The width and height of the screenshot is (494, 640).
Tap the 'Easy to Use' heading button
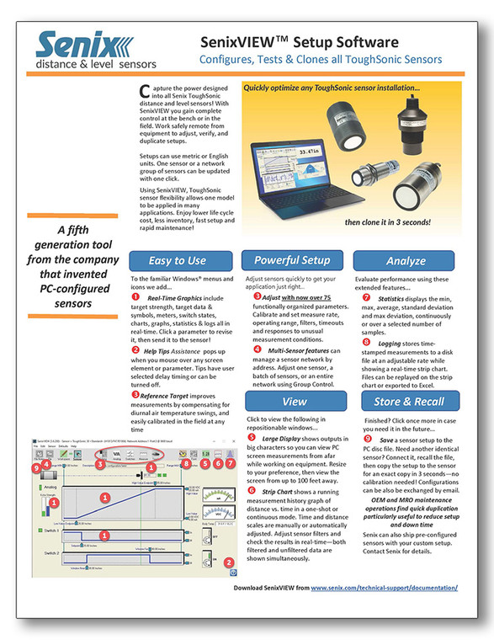pos(178,260)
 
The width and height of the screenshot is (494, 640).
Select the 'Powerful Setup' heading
pos(291,260)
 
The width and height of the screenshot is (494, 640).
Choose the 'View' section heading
pos(293,401)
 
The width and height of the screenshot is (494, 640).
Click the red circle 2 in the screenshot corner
pos(226,563)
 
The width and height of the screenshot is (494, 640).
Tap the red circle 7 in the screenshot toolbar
pos(231,464)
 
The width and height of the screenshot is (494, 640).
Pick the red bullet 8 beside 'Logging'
pos(358,343)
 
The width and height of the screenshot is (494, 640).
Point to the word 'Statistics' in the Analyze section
pos(392,297)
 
